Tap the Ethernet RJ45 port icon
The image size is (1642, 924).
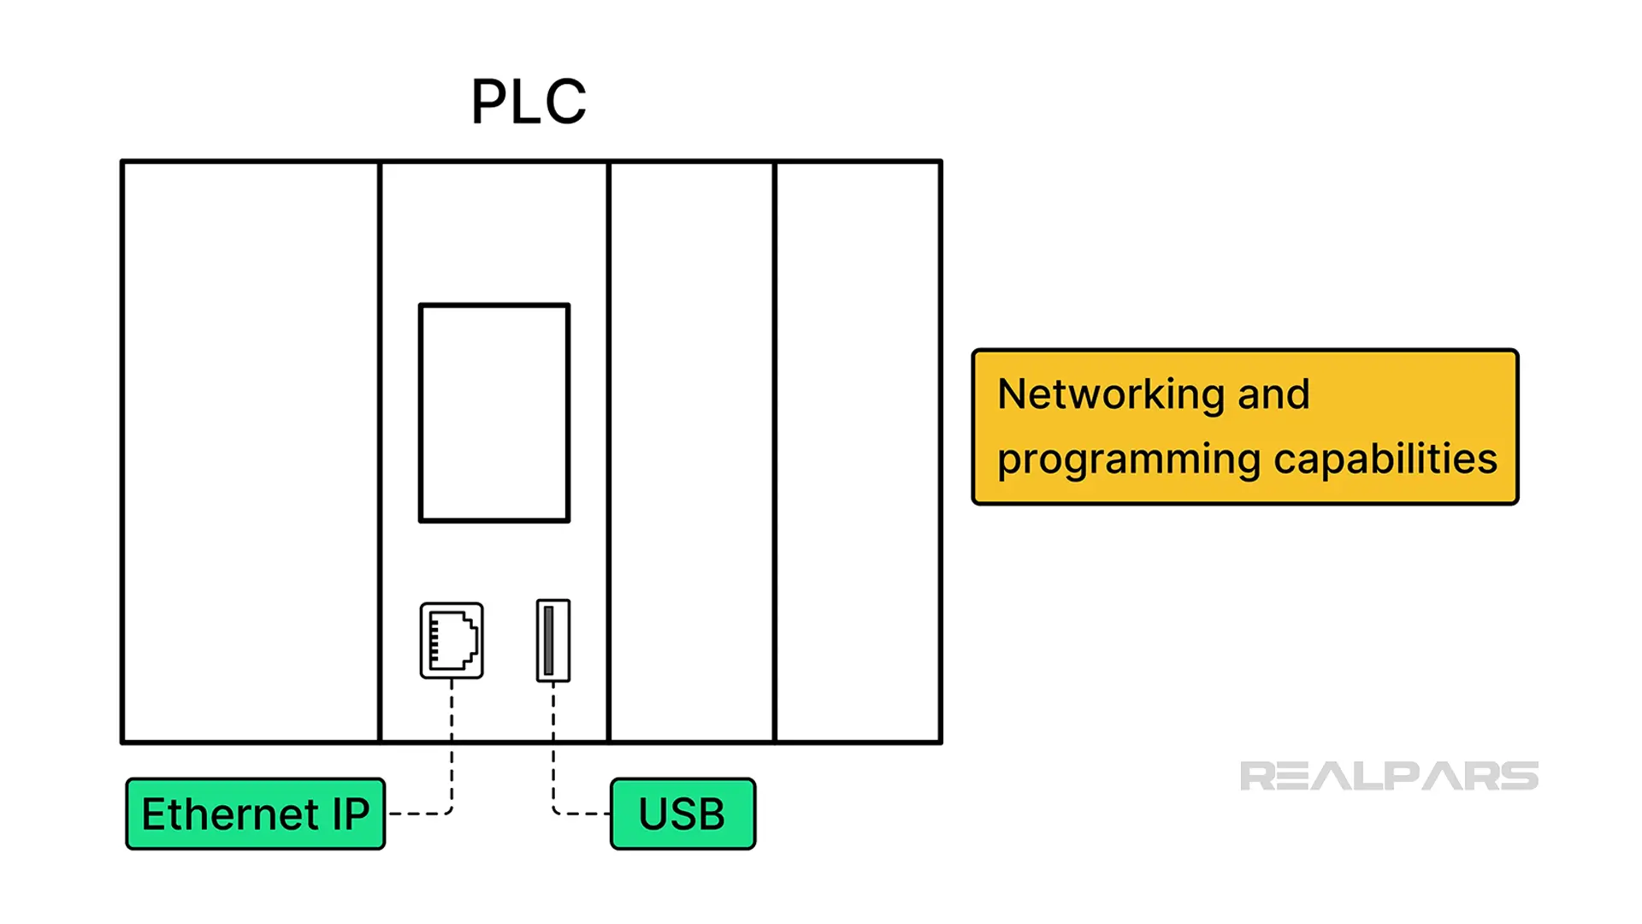[x=452, y=641]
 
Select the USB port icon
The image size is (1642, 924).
[x=552, y=641]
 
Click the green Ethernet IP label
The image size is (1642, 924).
[x=255, y=814]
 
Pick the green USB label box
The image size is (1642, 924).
[x=682, y=814]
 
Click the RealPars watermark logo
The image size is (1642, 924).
[x=1389, y=776]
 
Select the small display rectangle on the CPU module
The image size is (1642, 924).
[x=494, y=412]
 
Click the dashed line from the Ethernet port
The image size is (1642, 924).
[x=452, y=744]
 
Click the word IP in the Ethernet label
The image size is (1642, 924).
[x=351, y=814]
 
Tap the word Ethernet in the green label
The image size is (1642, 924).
[x=230, y=814]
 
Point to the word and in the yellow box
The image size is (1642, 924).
[x=1273, y=395]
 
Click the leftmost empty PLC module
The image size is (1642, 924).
[x=251, y=452]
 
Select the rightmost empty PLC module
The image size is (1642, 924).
[x=858, y=452]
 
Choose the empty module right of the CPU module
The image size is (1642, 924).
[x=692, y=452]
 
